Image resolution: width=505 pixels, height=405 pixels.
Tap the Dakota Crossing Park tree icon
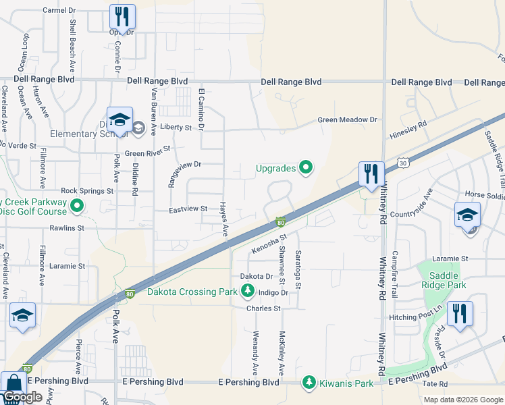[248, 292]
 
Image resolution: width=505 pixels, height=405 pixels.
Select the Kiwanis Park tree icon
[309, 383]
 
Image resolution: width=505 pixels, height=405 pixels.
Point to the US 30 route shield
[403, 163]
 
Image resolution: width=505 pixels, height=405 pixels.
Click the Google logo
[22, 397]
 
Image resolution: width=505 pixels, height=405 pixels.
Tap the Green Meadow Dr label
[348, 120]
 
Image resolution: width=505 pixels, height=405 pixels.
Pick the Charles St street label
[263, 308]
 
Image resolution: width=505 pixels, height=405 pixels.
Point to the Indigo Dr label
[274, 292]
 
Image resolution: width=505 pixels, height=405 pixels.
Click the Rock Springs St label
[87, 191]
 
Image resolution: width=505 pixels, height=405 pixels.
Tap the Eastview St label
[188, 210]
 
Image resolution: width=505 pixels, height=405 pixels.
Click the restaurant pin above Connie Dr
[122, 16]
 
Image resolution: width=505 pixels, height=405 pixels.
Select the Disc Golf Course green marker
[77, 206]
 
